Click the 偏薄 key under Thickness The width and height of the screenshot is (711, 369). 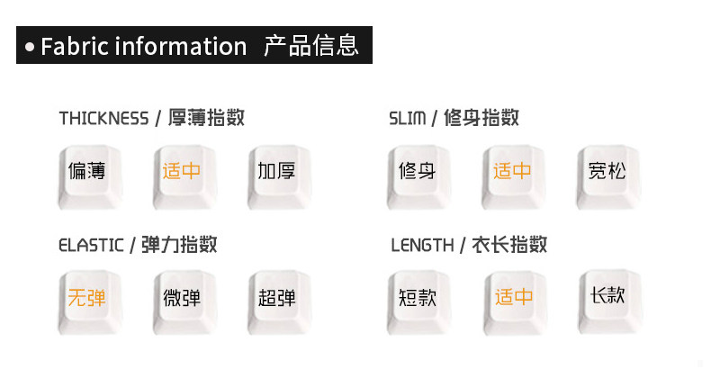pyautogui.click(x=87, y=171)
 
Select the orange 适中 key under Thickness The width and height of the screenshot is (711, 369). pyautogui.click(x=181, y=171)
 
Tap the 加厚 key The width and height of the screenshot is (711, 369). pyautogui.click(x=275, y=171)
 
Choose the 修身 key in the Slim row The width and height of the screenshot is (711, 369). pyautogui.click(x=417, y=171)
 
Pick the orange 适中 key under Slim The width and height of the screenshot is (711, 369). pyautogui.click(x=511, y=171)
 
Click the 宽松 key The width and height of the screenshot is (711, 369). pyautogui.click(x=606, y=171)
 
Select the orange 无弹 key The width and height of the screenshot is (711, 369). pyautogui.click(x=87, y=297)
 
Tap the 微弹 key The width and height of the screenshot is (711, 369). pyautogui.click(x=181, y=297)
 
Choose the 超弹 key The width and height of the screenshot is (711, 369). pyautogui.click(x=275, y=297)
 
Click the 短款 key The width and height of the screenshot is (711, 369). pyautogui.click(x=417, y=297)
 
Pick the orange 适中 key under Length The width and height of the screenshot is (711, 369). pyautogui.click(x=511, y=297)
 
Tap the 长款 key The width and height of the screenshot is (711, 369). pyautogui.click(x=606, y=295)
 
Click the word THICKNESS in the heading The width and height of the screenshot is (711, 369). pyautogui.click(x=103, y=119)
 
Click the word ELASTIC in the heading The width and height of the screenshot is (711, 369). pyautogui.click(x=91, y=245)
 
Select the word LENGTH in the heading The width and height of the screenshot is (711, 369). pyautogui.click(x=422, y=245)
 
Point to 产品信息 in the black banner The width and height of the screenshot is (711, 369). pyautogui.click(x=311, y=45)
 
